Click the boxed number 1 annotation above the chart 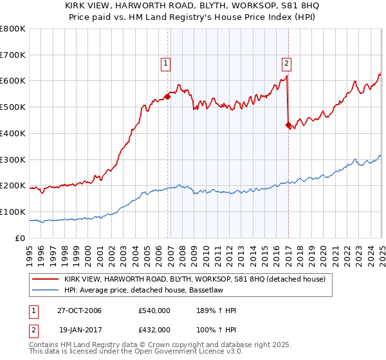166,63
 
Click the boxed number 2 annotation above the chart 286,63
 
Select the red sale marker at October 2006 168,96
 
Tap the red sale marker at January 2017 288,125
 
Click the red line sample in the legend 45,279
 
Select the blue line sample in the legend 45,290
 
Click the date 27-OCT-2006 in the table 78,311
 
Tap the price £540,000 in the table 154,311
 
